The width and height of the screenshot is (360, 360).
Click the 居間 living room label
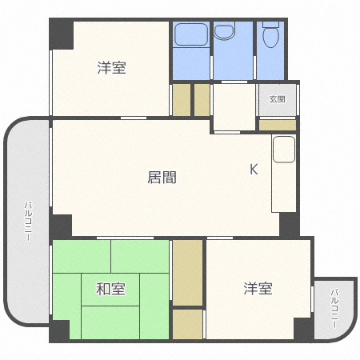click(161, 178)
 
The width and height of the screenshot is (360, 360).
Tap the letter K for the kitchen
click(254, 169)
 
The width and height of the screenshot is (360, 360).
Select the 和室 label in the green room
click(111, 289)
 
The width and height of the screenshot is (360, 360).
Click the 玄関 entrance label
click(277, 100)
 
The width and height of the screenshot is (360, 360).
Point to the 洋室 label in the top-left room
click(111, 68)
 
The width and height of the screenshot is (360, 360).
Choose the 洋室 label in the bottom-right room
click(258, 288)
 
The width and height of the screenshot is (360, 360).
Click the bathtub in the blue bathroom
click(191, 36)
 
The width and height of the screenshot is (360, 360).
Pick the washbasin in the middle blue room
click(225, 33)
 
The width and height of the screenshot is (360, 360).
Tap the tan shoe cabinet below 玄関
click(278, 125)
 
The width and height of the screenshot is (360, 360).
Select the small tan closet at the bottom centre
click(187, 324)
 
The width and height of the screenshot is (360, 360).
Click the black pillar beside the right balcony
click(303, 329)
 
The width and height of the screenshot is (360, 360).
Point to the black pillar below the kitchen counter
click(289, 225)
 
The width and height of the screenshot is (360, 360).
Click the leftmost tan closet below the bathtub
click(181, 99)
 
